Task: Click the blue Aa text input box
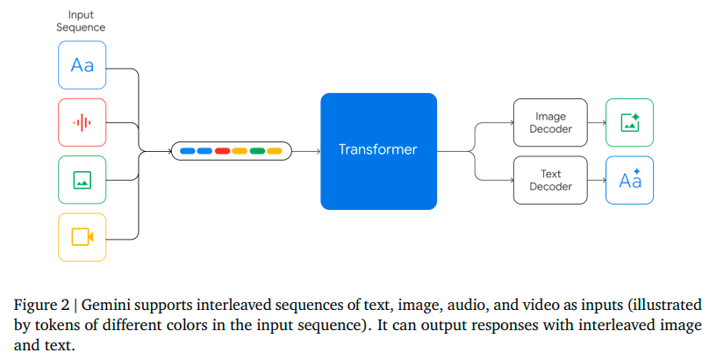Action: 82,64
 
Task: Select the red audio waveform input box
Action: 82,122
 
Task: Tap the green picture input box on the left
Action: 82,180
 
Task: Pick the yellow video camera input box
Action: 82,237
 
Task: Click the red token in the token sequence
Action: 222,151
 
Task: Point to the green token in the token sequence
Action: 256,151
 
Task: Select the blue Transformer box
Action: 378,151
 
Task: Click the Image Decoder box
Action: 550,123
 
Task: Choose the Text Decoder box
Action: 550,180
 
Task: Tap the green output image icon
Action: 629,123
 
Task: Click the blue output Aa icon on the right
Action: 629,180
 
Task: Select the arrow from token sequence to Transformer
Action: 305,151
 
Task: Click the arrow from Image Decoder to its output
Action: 597,123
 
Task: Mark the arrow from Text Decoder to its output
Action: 597,180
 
